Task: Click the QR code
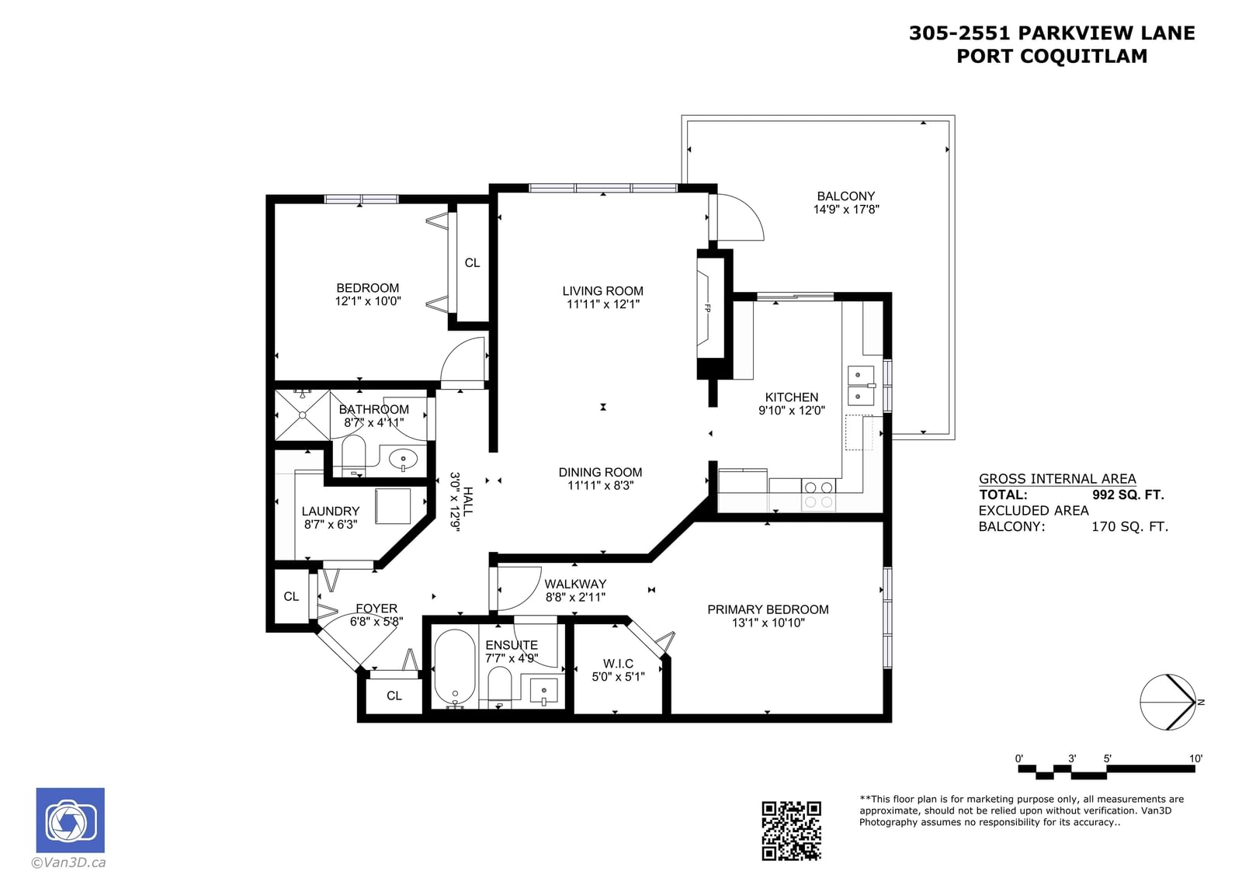coord(791,831)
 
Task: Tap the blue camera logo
coord(71,820)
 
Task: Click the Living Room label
coord(602,290)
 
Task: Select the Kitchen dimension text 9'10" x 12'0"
coord(791,411)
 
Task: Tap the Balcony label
coord(845,196)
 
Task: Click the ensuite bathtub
coord(455,668)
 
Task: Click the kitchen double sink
coord(861,386)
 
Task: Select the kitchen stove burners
coord(818,495)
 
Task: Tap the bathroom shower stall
coord(303,415)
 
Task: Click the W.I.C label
coord(618,664)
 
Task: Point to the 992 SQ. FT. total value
coord(1128,495)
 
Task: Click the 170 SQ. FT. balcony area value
coord(1129,526)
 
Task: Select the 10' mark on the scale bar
coord(1195,758)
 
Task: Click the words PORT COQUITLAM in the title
coord(1052,56)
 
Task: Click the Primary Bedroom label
coord(768,609)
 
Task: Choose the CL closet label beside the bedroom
coord(473,263)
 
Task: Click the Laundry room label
coord(331,511)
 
